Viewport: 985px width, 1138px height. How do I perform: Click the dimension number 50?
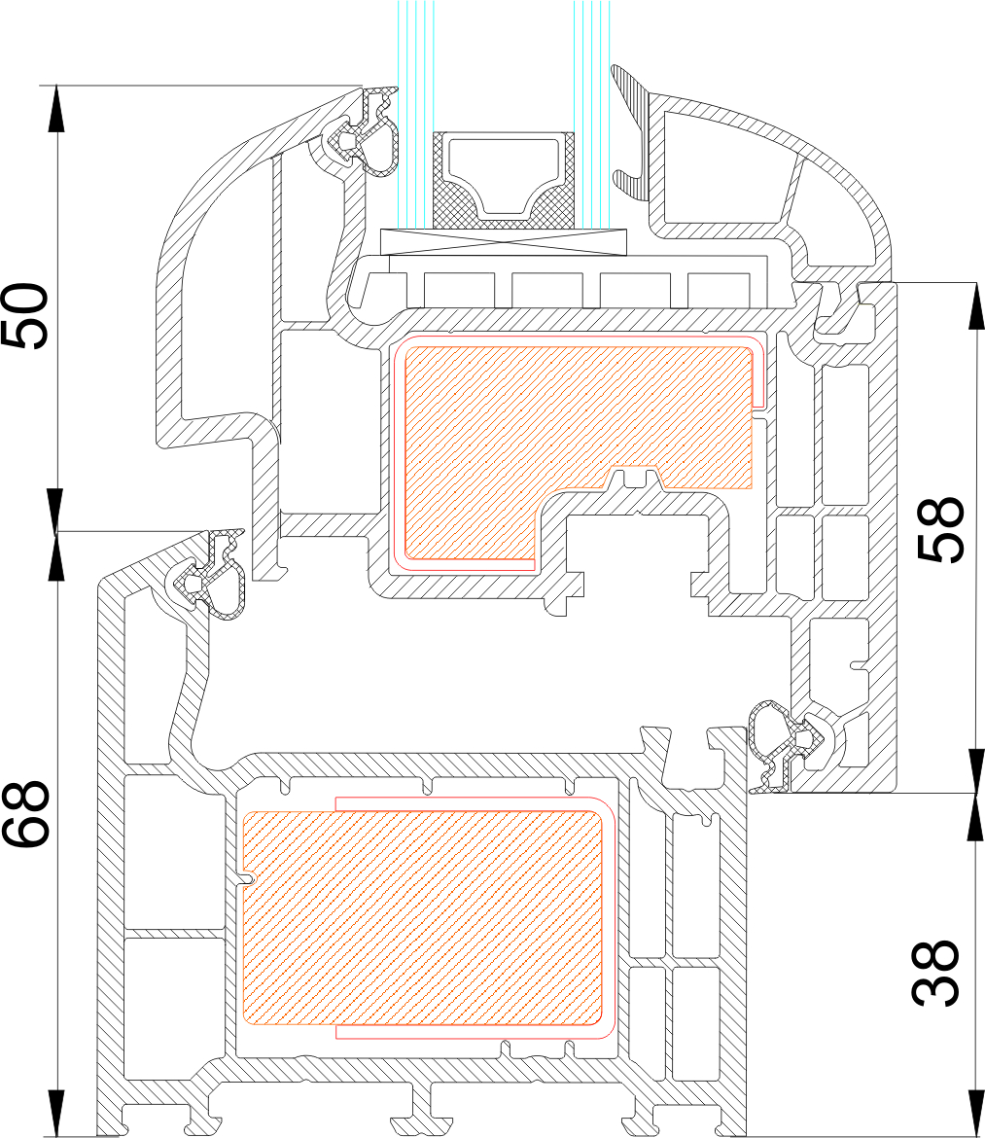25,315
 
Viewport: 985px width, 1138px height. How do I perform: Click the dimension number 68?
25,814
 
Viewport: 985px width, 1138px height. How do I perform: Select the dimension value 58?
940,530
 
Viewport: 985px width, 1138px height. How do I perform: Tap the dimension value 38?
936,974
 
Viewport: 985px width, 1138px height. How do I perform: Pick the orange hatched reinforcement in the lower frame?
422,917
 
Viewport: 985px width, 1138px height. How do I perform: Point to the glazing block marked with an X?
504,241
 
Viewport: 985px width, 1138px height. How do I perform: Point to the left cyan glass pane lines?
415,114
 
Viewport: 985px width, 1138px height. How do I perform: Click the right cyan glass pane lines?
592,114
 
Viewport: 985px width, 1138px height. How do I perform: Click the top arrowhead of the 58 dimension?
975,305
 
